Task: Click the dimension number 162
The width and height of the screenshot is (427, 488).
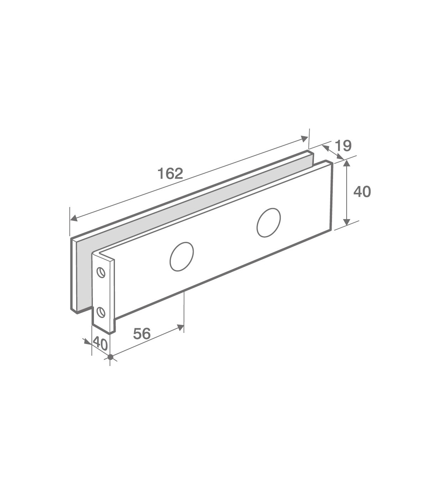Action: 170,174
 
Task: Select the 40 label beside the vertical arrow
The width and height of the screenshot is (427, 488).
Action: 362,192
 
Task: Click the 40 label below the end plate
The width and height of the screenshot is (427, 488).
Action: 100,344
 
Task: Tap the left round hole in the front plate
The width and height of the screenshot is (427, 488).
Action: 181,256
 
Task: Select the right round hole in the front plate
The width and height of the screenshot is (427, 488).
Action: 269,223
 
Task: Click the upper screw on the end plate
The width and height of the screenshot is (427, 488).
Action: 101,272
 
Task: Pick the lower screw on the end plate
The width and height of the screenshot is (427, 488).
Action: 101,312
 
